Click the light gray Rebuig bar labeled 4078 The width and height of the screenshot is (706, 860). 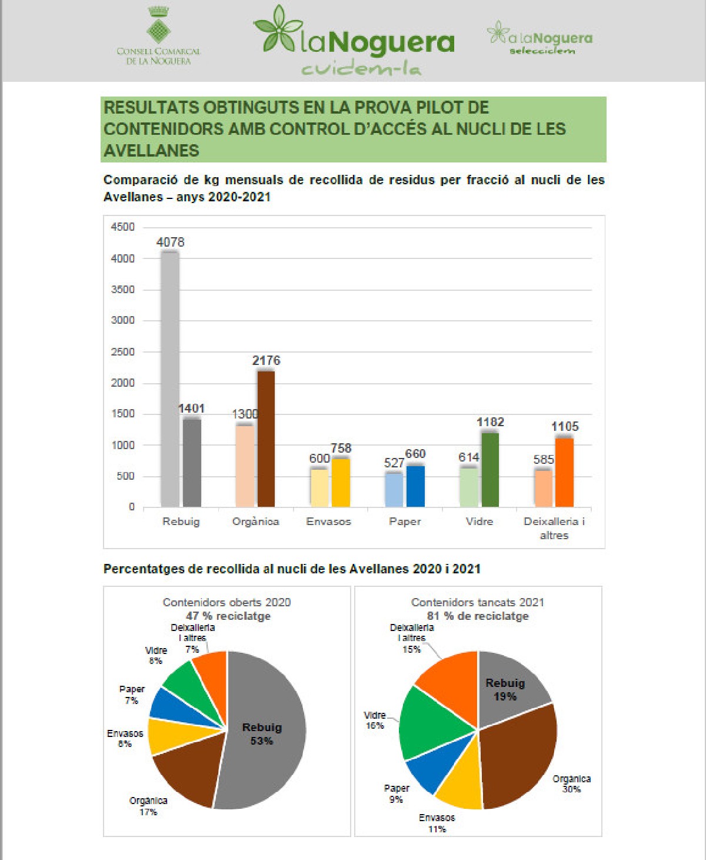click(x=170, y=379)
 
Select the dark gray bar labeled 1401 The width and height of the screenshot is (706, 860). click(x=192, y=463)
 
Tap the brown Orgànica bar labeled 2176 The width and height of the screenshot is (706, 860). click(x=266, y=439)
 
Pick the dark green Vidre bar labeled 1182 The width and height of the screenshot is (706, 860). click(x=490, y=470)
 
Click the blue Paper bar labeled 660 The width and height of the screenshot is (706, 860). click(x=415, y=486)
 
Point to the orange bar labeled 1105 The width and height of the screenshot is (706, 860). click(x=564, y=472)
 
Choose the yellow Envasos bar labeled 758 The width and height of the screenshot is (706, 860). click(x=341, y=483)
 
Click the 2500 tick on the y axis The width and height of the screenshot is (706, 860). click(x=123, y=352)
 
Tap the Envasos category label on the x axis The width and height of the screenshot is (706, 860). click(x=328, y=522)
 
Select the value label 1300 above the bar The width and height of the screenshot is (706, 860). click(x=245, y=414)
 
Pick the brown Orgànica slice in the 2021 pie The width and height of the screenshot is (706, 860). click(x=518, y=759)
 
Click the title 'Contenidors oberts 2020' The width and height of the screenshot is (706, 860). click(x=227, y=602)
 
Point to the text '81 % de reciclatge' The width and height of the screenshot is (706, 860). click(x=478, y=616)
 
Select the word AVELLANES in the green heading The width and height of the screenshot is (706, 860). click(x=152, y=151)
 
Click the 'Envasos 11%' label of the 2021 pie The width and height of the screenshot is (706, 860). click(x=437, y=823)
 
